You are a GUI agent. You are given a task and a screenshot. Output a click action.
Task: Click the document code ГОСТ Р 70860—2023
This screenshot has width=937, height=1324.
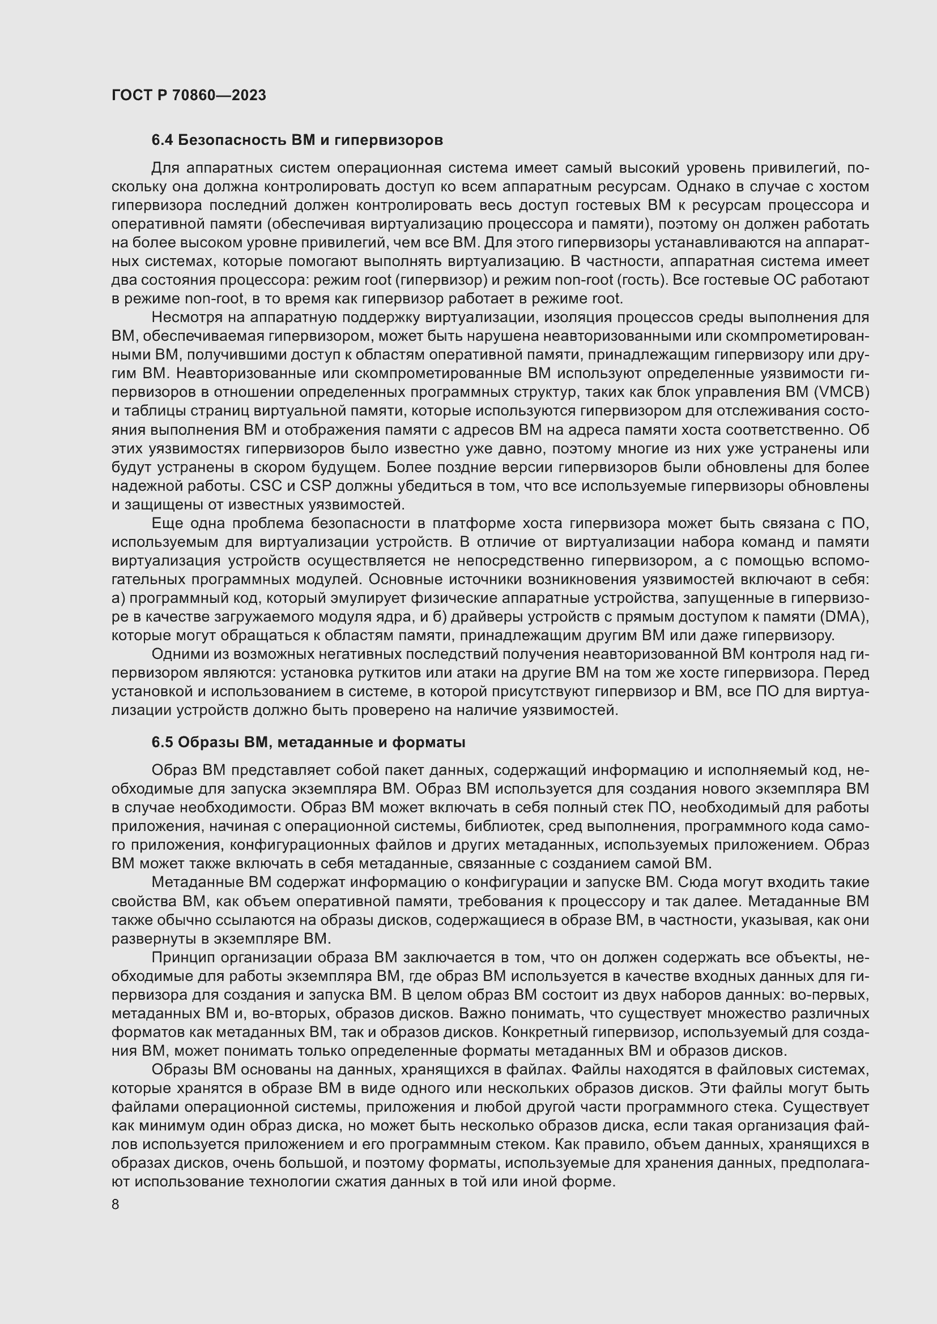click(189, 95)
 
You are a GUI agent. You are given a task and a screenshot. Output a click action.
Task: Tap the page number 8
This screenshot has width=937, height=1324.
click(116, 1204)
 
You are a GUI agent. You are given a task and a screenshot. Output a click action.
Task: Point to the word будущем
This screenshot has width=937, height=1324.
click(339, 467)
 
